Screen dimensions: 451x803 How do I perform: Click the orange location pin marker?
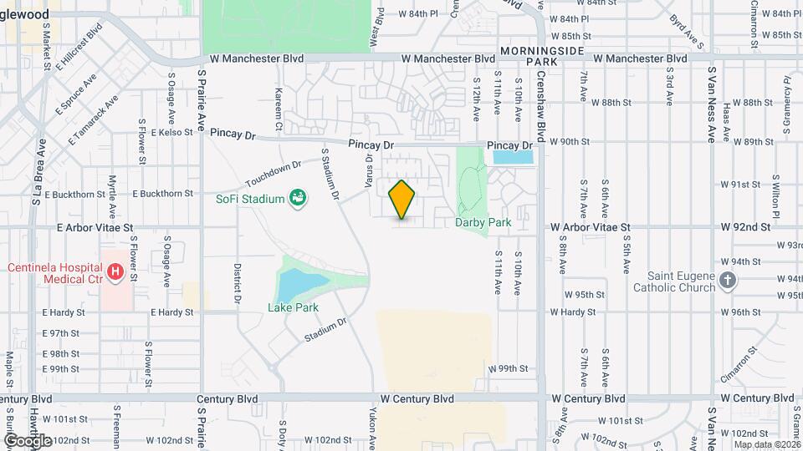(402, 199)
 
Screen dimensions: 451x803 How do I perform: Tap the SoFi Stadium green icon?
(296, 198)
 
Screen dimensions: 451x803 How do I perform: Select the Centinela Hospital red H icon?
(115, 272)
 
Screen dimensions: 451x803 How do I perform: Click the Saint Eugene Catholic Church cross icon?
(729, 281)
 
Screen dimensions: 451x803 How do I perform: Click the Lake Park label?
(293, 307)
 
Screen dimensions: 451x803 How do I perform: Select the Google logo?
(27, 440)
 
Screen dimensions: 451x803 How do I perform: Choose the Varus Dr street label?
(368, 170)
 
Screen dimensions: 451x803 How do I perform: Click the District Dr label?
(238, 284)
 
